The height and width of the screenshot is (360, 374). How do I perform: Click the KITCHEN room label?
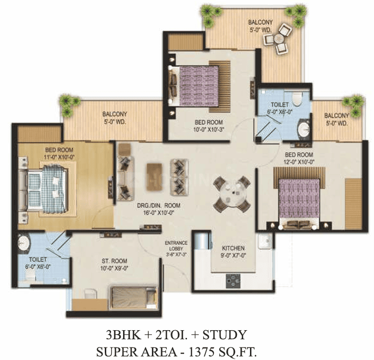pos(233,248)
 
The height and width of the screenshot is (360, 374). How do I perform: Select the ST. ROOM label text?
pos(114,261)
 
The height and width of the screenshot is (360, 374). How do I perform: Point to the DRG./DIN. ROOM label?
pos(159,206)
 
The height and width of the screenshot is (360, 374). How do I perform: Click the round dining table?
pos(232,194)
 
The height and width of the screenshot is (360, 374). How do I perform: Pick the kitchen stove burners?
pos(233,281)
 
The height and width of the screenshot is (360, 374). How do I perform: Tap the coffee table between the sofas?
pos(154,177)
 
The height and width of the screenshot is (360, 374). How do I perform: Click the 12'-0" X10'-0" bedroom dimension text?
pos(299,162)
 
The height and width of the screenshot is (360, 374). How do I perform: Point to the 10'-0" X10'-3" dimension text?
pos(209,129)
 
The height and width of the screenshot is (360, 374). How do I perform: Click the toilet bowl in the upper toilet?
pos(297,99)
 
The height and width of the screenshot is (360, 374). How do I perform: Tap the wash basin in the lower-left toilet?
pos(24,243)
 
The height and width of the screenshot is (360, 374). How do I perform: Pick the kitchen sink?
pos(265,241)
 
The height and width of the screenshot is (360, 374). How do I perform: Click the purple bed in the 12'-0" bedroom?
pos(299,203)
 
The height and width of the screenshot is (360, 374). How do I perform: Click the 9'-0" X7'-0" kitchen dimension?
pos(233,256)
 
